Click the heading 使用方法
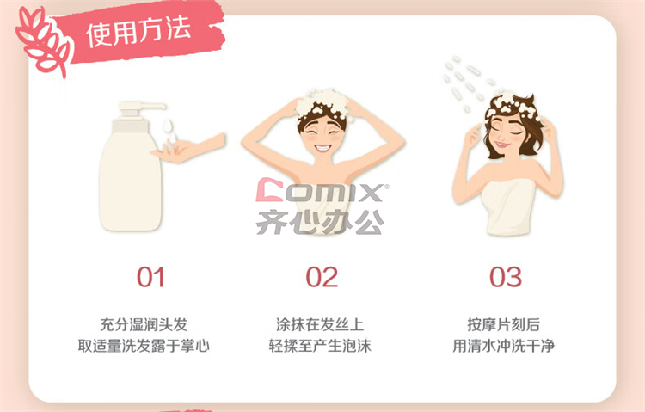[x=138, y=31]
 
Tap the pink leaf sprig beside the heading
[x=42, y=41]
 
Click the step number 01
[x=150, y=277]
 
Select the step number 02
[x=322, y=277]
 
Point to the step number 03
[x=505, y=277]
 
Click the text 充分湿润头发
[x=144, y=325]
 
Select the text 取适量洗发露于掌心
[x=144, y=346]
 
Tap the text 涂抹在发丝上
[x=320, y=325]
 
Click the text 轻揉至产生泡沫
[x=320, y=346]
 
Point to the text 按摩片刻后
[x=503, y=325]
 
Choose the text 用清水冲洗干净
[x=503, y=346]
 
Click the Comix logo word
[x=322, y=190]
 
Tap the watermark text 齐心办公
[x=320, y=222]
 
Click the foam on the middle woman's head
[x=323, y=103]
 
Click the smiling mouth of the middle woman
[x=322, y=147]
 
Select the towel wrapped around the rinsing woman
[x=508, y=207]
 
